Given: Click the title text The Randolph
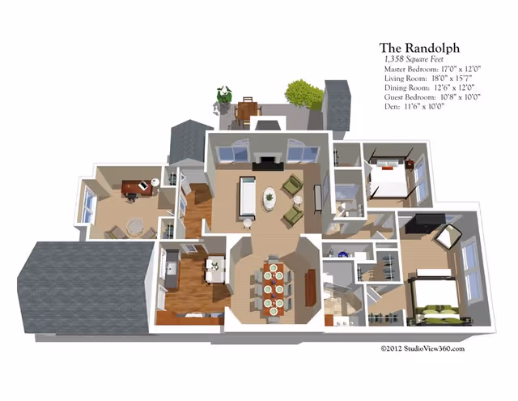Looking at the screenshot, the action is [419, 48].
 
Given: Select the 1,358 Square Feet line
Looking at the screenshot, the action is [414, 59].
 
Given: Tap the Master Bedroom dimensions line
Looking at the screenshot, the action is [432, 69].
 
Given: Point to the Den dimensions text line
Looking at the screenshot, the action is [414, 106].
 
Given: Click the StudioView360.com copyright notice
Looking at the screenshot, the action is [422, 348].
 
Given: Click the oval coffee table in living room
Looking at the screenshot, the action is [270, 198].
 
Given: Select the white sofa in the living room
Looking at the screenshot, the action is [247, 197].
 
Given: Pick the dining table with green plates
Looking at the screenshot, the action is [274, 289].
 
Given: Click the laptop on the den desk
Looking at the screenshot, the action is [143, 186].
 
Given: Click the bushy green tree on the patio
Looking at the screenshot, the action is [304, 93].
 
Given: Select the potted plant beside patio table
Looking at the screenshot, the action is [224, 94].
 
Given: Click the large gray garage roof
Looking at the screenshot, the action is [85, 288].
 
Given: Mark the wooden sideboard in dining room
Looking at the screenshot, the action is [310, 288].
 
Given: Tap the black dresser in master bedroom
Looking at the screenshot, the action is [425, 223].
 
